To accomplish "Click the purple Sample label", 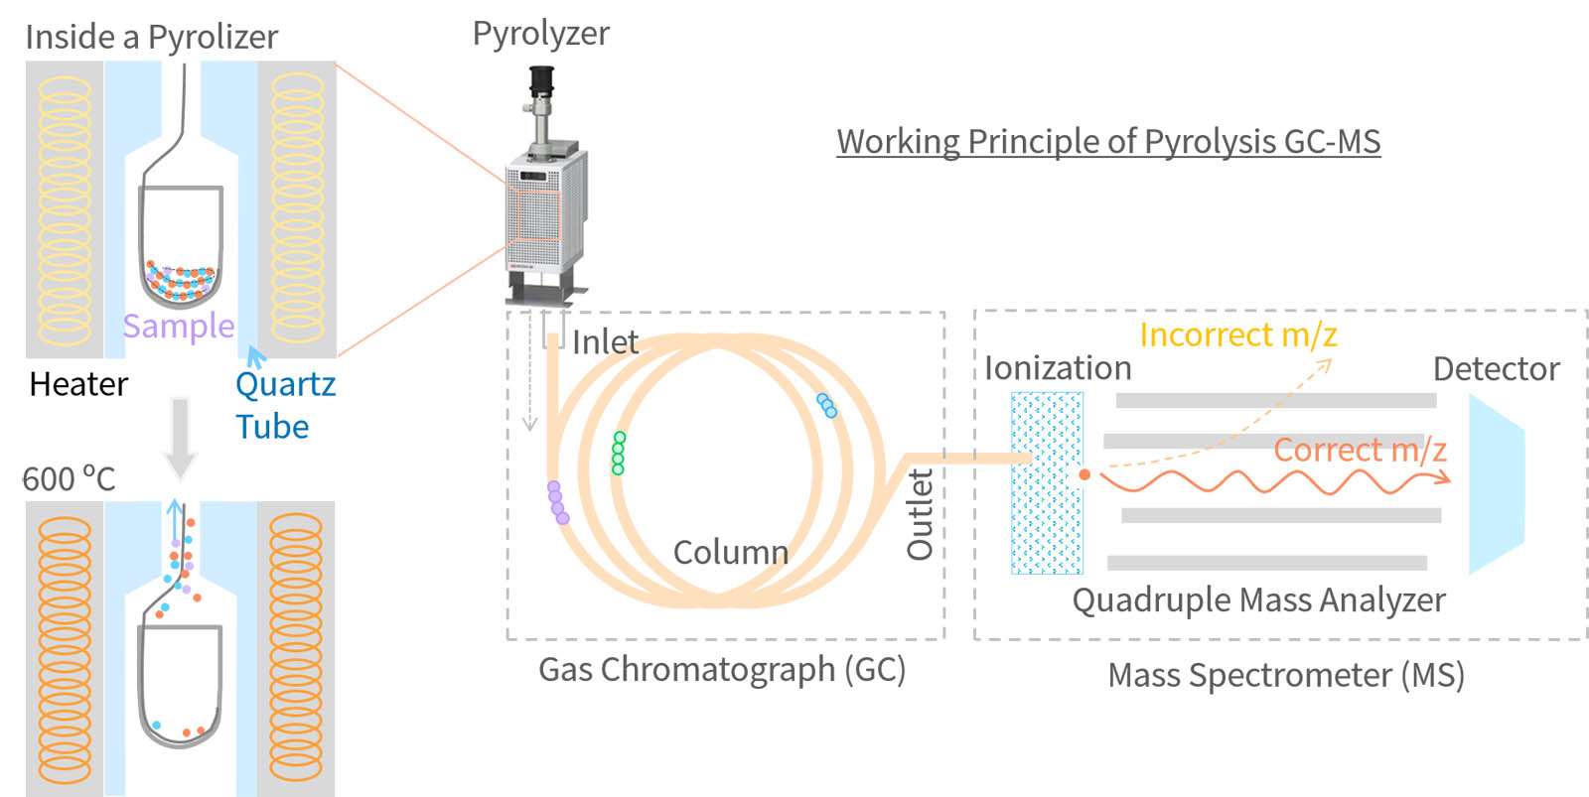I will pyautogui.click(x=179, y=326).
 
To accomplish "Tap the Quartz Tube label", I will pyautogui.click(x=284, y=405).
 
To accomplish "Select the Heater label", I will pyautogui.click(x=78, y=384).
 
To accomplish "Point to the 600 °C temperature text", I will pyautogui.click(x=70, y=479).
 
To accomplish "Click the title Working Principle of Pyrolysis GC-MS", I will pyautogui.click(x=1108, y=141).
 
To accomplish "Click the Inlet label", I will pyautogui.click(x=605, y=341).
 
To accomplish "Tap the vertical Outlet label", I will pyautogui.click(x=921, y=514).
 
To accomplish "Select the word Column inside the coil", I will pyautogui.click(x=731, y=552).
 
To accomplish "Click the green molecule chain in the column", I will pyautogui.click(x=619, y=453).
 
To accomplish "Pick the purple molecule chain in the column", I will pyautogui.click(x=557, y=502).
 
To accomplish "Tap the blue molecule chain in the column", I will pyautogui.click(x=826, y=405).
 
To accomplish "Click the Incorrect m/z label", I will pyautogui.click(x=1237, y=334).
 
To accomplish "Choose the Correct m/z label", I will pyautogui.click(x=1360, y=450).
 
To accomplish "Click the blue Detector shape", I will pyautogui.click(x=1494, y=484).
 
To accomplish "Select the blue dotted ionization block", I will pyautogui.click(x=1047, y=483).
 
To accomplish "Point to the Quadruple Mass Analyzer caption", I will pyautogui.click(x=1258, y=599).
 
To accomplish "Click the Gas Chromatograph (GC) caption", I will pyautogui.click(x=722, y=669).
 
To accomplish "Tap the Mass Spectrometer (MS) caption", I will pyautogui.click(x=1286, y=675).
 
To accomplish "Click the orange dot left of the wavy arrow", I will pyautogui.click(x=1084, y=474).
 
